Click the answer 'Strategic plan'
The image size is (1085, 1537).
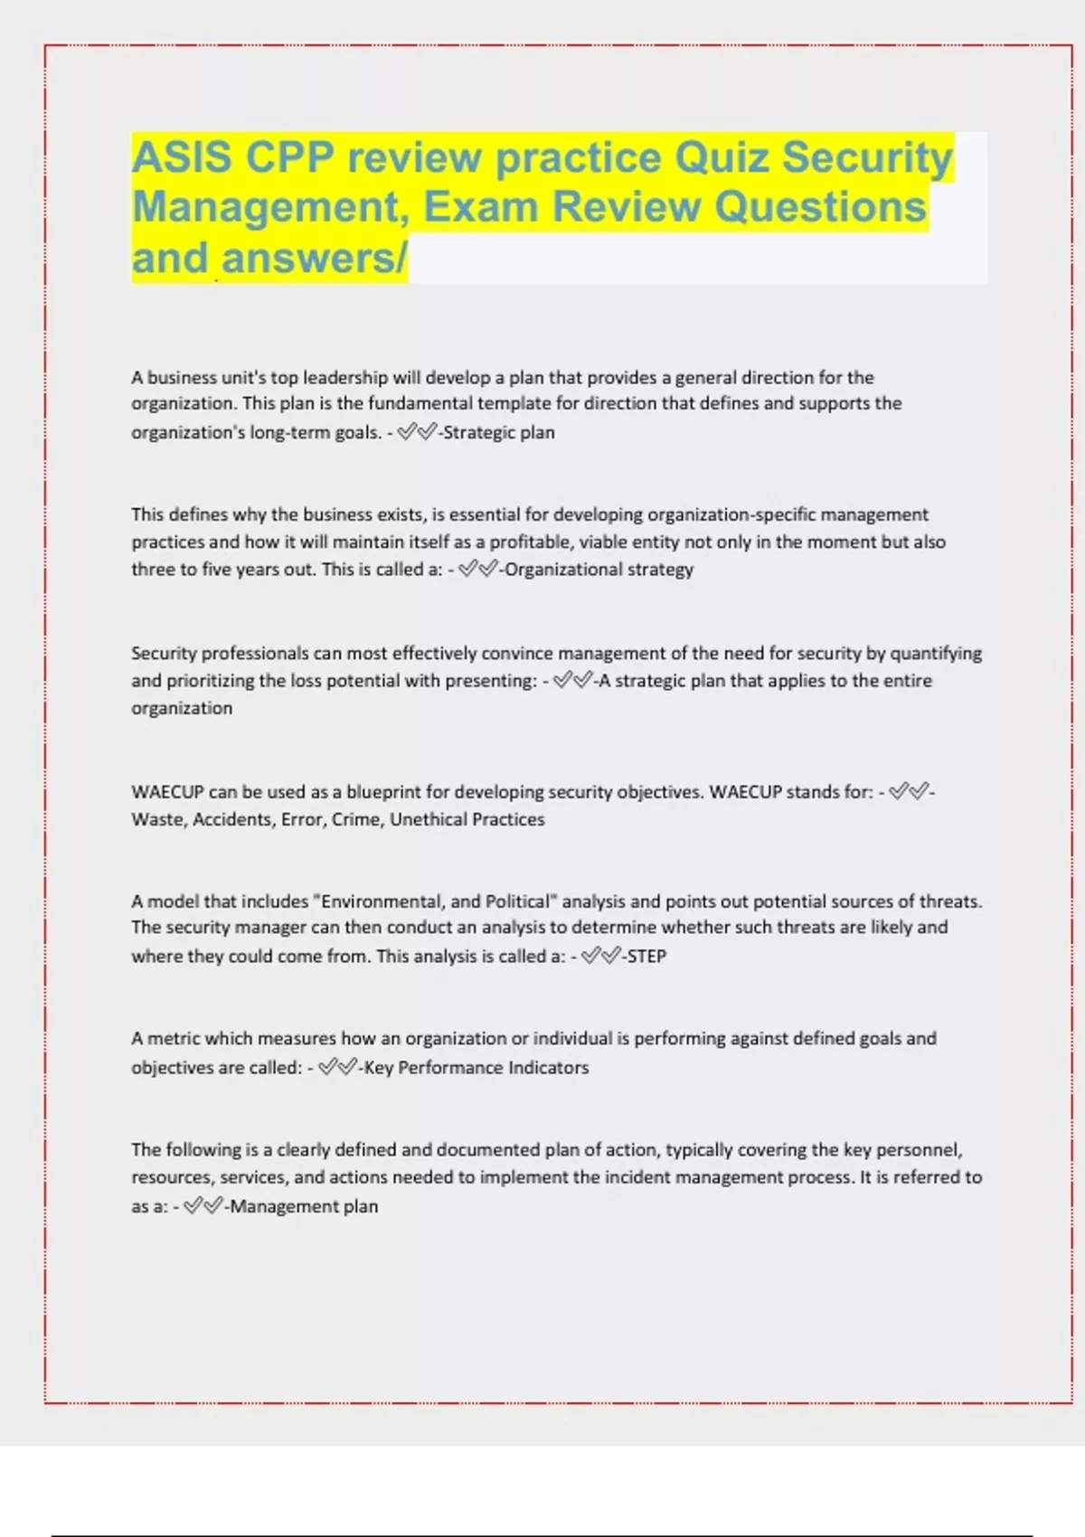(x=498, y=432)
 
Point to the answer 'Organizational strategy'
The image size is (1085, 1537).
(x=599, y=570)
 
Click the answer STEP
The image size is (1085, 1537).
(x=646, y=956)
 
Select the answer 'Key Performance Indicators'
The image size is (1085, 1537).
(x=476, y=1068)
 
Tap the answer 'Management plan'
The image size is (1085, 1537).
(x=304, y=1206)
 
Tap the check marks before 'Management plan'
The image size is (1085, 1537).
(x=203, y=1206)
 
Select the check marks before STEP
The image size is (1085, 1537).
(x=600, y=956)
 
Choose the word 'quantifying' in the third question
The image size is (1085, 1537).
(x=936, y=653)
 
